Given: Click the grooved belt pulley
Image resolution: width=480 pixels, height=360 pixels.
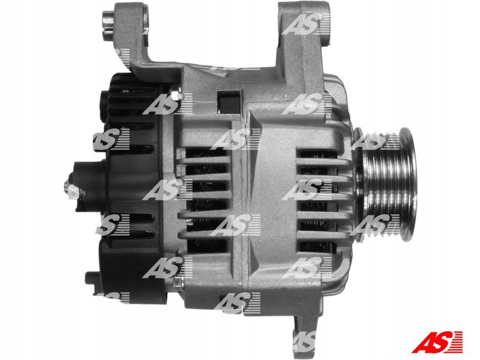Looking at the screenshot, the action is point(386,185).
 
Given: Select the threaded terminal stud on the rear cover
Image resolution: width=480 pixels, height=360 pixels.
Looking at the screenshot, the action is point(71,190).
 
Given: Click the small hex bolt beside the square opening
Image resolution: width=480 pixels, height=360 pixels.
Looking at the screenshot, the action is point(176,94).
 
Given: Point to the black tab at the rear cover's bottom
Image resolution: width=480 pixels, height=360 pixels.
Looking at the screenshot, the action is point(91,277).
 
